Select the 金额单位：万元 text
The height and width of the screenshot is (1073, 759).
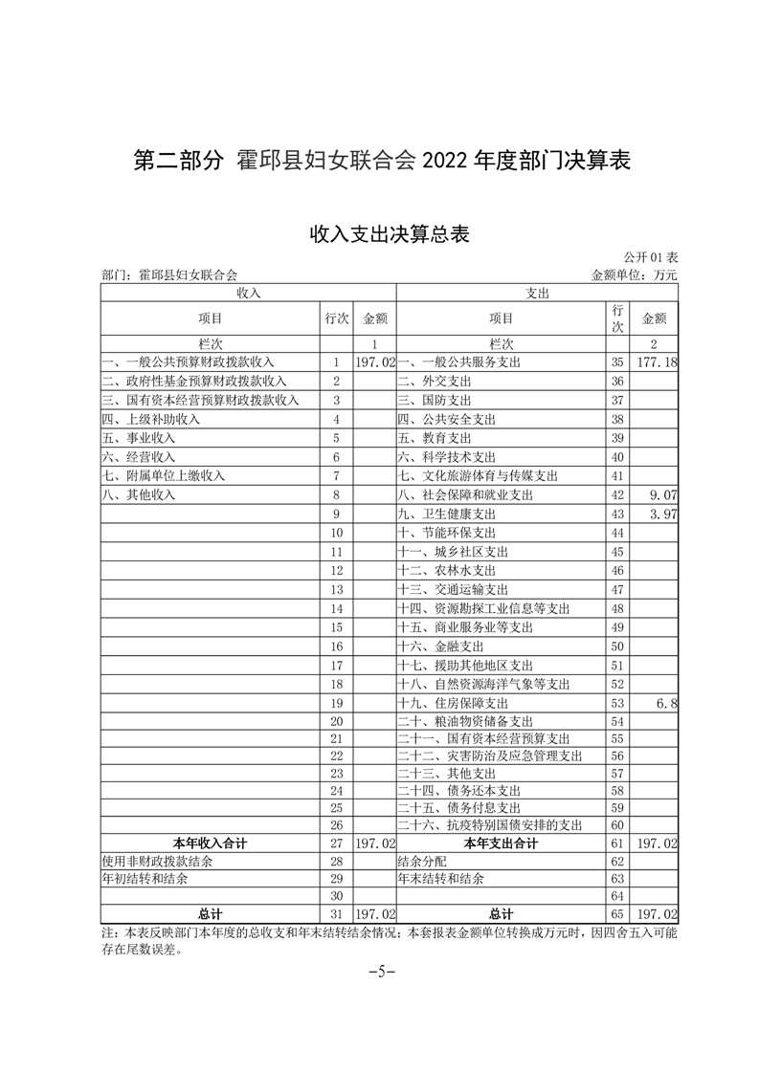(634, 275)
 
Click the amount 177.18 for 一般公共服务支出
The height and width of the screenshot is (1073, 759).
(656, 362)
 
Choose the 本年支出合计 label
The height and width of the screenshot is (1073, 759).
(501, 843)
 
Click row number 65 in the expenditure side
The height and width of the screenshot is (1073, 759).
(616, 914)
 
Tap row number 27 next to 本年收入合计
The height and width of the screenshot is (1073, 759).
(336, 843)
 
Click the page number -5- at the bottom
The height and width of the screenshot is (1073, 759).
(382, 973)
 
